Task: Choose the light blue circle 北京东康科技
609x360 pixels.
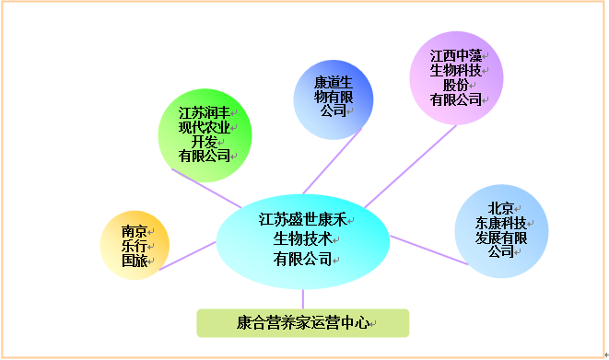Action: pos(501,230)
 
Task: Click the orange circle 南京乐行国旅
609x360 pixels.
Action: pos(135,247)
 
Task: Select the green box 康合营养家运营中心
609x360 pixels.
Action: pos(302,323)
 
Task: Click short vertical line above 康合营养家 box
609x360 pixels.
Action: pos(302,299)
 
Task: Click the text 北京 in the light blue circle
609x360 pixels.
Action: pos(501,206)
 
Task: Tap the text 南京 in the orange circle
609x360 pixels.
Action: pos(134,231)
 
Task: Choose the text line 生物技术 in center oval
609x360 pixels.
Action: pos(301,239)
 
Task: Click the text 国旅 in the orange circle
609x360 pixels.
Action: pos(134,261)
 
